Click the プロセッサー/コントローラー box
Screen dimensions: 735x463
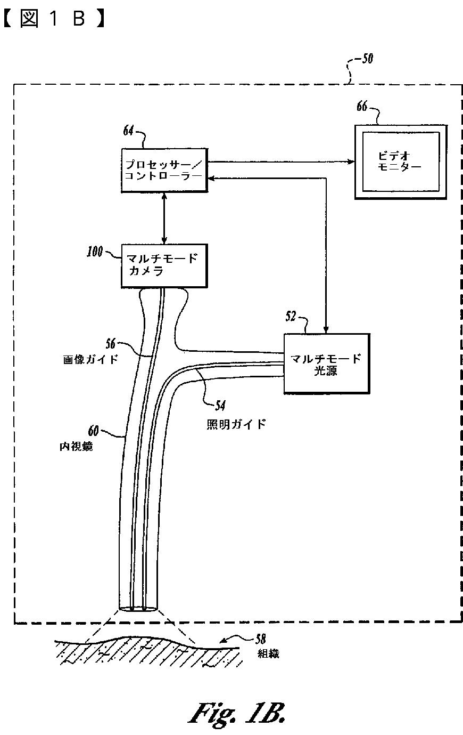pos(164,170)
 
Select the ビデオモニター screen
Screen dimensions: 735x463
pos(401,161)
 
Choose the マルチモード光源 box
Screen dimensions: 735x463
pos(326,365)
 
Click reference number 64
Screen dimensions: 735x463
pos(128,131)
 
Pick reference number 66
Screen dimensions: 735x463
pos(362,107)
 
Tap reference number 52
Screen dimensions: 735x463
pos(291,317)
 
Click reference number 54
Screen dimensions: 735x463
pos(219,406)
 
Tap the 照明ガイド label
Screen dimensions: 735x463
pos(236,424)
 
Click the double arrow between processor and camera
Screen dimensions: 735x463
pos(164,218)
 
